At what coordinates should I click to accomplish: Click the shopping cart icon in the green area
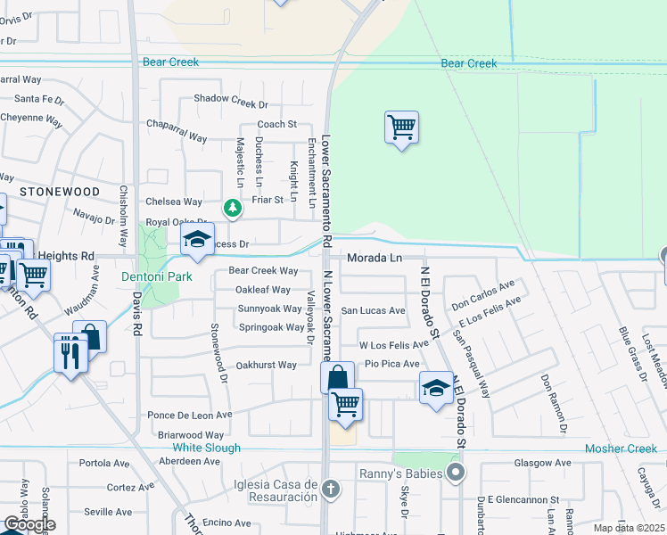click(x=402, y=128)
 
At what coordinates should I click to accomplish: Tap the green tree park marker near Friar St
click(x=233, y=208)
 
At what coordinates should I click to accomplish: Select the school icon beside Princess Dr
click(x=198, y=239)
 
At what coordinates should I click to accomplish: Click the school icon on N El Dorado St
click(x=435, y=388)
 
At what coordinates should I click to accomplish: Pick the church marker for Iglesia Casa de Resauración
click(x=331, y=489)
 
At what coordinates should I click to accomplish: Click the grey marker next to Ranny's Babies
click(x=456, y=473)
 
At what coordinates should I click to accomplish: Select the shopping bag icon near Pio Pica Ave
click(x=338, y=378)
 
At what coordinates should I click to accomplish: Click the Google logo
click(x=29, y=524)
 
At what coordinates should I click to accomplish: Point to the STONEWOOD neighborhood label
click(x=60, y=192)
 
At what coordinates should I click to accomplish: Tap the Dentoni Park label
click(x=157, y=277)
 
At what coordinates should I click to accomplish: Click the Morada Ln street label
click(x=375, y=258)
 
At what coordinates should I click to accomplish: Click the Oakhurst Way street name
click(x=266, y=365)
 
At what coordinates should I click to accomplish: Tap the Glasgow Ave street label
click(x=543, y=463)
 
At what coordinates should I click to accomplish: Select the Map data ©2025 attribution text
click(x=629, y=528)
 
